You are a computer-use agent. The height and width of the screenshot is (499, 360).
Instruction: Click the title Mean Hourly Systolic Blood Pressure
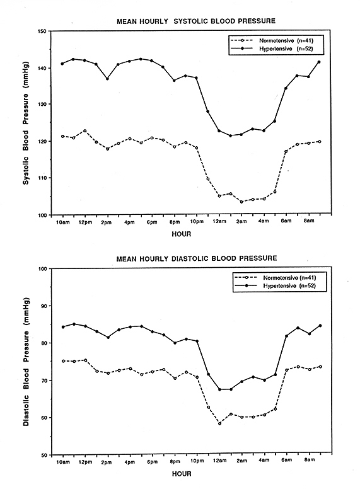click(x=196, y=21)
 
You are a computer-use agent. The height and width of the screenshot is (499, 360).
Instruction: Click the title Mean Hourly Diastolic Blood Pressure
click(x=197, y=258)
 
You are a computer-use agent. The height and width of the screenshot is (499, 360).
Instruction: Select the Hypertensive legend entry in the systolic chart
click(x=272, y=49)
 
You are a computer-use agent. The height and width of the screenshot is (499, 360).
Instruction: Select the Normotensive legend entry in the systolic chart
click(x=272, y=41)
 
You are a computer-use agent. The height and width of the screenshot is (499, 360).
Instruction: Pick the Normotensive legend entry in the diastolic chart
click(x=276, y=278)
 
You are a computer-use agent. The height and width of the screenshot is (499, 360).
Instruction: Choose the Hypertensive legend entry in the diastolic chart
click(x=276, y=286)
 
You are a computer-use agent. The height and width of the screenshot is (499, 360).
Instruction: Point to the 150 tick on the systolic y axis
click(x=43, y=32)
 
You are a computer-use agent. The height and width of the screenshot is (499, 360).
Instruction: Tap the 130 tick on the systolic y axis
click(x=43, y=105)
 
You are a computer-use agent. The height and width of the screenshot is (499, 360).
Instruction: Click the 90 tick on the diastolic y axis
click(x=44, y=306)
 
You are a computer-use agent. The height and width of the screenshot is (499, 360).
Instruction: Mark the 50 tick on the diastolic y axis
click(x=44, y=455)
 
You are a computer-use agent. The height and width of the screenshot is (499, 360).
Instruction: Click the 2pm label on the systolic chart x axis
click(x=107, y=222)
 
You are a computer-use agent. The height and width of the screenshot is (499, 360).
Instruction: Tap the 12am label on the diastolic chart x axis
click(x=219, y=461)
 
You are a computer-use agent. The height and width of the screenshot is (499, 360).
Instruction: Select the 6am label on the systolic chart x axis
click(x=286, y=221)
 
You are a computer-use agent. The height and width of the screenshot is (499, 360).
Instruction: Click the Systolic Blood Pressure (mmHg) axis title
click(x=26, y=123)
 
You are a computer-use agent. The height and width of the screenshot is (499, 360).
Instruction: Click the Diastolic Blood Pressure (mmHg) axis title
click(x=26, y=362)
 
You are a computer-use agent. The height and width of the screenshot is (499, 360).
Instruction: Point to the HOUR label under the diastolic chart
click(x=182, y=474)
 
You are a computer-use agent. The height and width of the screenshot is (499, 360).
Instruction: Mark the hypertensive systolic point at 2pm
click(x=107, y=79)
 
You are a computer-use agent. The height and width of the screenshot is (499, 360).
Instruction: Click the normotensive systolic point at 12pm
click(x=84, y=131)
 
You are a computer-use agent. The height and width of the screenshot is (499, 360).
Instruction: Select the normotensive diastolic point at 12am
click(x=219, y=423)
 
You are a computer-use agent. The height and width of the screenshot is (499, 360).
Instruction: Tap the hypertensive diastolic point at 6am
click(x=286, y=336)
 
